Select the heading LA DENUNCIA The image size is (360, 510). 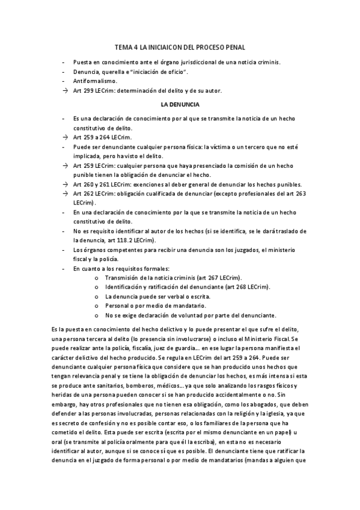click(180, 104)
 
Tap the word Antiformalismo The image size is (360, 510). click(95, 80)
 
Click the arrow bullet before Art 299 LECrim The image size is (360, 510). click(65, 91)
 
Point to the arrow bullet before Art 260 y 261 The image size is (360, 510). click(65, 184)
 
